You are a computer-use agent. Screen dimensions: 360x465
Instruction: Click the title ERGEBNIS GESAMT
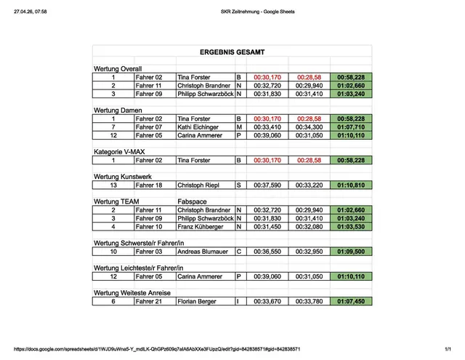coord(232,52)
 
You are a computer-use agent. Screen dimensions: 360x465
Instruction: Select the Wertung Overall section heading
coord(118,68)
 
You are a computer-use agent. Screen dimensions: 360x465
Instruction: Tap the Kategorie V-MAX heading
coord(123,151)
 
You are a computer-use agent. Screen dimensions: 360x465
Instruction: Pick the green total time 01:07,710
coord(351,127)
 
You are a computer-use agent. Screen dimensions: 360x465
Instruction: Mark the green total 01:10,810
coord(351,185)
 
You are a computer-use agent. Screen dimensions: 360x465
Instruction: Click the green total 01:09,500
coord(351,252)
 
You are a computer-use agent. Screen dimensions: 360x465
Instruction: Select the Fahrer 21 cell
coord(149,301)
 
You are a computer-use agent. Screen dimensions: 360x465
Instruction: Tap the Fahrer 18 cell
coord(149,185)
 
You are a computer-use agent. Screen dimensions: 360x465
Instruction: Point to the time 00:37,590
coord(267,185)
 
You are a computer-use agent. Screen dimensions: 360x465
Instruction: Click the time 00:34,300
coord(309,127)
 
